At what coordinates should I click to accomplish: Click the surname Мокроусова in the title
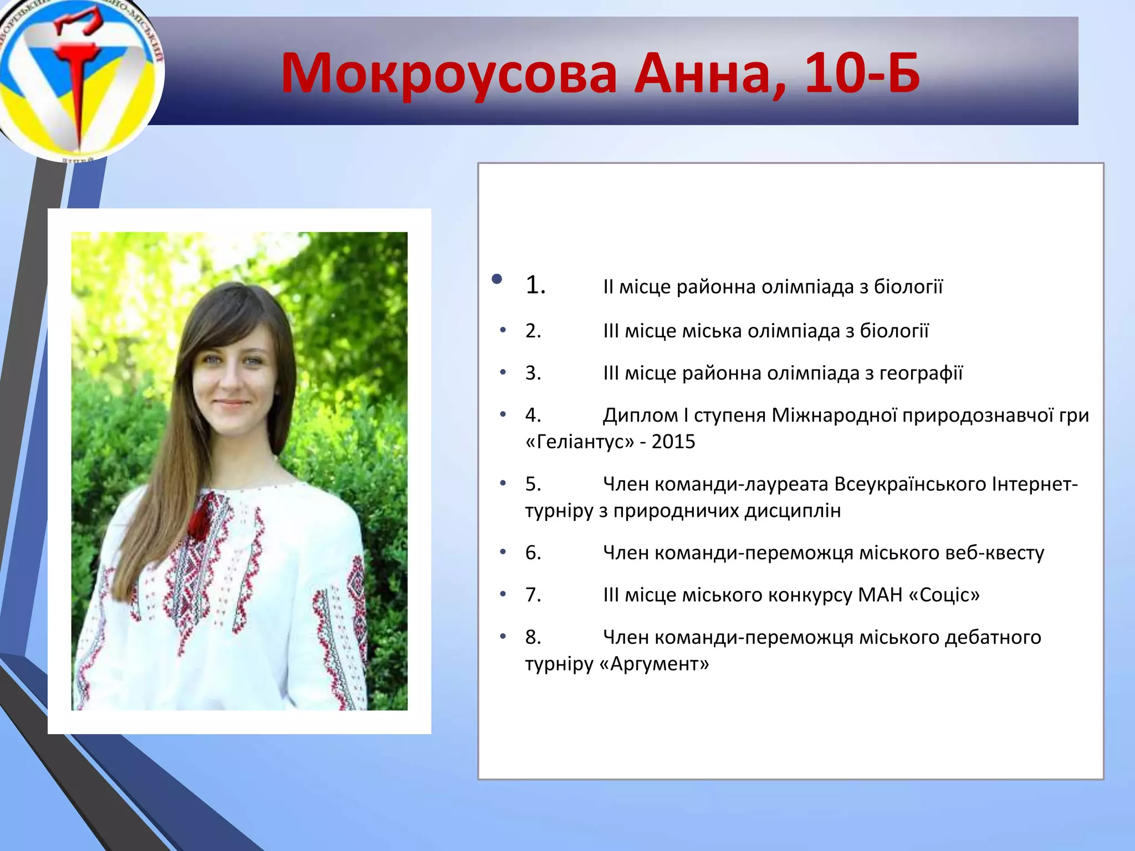pyautogui.click(x=449, y=74)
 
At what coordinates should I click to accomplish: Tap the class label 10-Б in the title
pyautogui.click(x=862, y=73)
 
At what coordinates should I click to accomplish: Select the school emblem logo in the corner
pyautogui.click(x=78, y=78)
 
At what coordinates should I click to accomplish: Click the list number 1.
pyautogui.click(x=535, y=285)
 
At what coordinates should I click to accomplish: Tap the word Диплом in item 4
pyautogui.click(x=640, y=415)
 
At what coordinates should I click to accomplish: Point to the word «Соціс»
pyautogui.click(x=944, y=595)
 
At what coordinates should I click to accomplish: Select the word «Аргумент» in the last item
pyautogui.click(x=655, y=664)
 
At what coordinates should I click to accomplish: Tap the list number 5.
pyautogui.click(x=533, y=484)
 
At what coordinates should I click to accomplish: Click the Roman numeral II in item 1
pyautogui.click(x=608, y=287)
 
